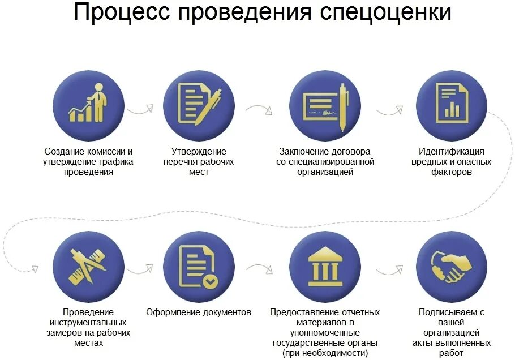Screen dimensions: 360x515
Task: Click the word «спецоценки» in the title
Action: (374, 14)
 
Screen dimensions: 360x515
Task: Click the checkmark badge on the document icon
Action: (209, 281)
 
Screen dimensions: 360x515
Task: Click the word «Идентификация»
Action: (451, 152)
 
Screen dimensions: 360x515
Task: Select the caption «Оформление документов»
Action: (199, 312)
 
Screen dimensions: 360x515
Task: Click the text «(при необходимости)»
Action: (325, 353)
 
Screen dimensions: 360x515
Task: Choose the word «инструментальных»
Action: (88, 323)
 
